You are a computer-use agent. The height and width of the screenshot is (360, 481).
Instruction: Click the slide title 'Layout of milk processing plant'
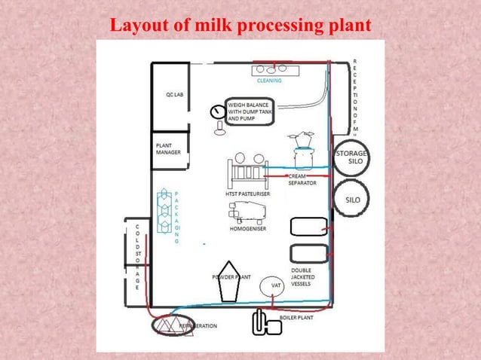click(x=240, y=25)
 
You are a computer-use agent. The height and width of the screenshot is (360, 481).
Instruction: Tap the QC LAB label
click(x=175, y=96)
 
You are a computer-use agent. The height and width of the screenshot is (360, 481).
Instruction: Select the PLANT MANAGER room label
click(x=168, y=148)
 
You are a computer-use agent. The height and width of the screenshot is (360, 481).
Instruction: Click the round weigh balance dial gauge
click(x=219, y=112)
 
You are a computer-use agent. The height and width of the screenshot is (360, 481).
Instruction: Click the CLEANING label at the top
click(x=269, y=81)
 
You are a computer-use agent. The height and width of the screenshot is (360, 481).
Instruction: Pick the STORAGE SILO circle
click(x=351, y=157)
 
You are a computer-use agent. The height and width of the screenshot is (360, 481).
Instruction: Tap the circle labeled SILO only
click(x=352, y=200)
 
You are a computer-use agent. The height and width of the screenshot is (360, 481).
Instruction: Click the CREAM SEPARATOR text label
click(x=302, y=179)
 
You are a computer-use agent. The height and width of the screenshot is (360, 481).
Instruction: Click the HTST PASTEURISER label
click(x=248, y=194)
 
